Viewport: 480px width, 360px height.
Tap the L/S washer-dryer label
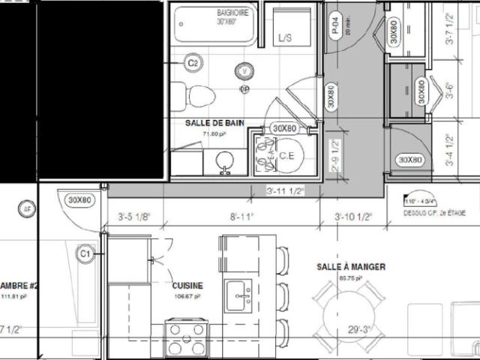point(284,37)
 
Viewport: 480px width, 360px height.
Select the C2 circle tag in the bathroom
point(193,63)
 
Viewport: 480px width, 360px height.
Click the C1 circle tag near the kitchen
point(86,254)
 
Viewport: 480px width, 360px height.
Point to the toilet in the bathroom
point(196,95)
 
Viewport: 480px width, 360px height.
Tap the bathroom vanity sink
point(223,160)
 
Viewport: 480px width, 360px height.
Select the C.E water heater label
point(286,155)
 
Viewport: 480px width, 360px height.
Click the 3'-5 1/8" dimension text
point(135,217)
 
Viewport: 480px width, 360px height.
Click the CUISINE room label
point(187,286)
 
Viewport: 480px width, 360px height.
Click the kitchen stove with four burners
point(185,339)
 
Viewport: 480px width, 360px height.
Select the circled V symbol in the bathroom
point(244,71)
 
